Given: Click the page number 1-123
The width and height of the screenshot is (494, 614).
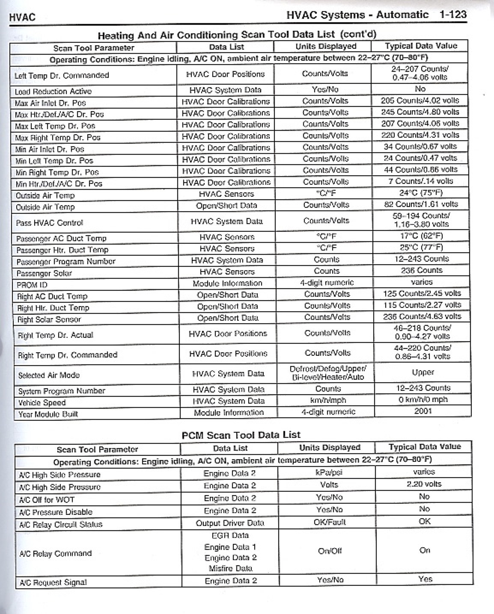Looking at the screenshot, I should pos(452,14).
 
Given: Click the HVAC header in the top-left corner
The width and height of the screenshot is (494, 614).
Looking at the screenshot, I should pos(22,17).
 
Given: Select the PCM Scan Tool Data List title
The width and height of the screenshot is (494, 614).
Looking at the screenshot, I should pos(241,435).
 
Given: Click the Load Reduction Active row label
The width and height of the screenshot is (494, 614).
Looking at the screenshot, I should pos(53,92).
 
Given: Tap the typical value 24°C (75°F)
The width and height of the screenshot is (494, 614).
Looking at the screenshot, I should pos(421,192).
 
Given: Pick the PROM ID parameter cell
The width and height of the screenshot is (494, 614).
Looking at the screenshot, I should pos(32,285).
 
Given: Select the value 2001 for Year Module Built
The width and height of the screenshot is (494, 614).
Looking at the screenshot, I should pos(423,411).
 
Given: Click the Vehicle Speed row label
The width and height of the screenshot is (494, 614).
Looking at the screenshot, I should pos(42,403).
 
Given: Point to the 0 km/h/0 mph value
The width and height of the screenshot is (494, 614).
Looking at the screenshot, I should pos(423,399).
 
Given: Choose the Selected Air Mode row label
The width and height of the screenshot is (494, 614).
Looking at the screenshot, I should pos(49,375).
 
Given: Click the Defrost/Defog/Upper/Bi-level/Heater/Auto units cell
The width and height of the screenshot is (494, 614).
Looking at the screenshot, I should pos(328,373).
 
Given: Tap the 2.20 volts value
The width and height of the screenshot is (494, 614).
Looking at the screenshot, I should pos(424,484).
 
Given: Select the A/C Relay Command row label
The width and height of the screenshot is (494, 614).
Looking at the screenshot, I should pos(56,553).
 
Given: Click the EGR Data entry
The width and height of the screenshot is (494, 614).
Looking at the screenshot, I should pos(230,535).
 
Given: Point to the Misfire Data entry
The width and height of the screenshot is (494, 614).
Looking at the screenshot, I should pos(230,568).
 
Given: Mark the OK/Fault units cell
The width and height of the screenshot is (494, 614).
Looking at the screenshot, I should pos(330,522).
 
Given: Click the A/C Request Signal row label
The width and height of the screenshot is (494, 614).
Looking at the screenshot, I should pos(53,582).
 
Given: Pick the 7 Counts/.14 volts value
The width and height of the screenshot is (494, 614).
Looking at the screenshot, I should pos(420,181).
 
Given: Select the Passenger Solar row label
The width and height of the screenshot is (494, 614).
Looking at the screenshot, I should pos(44,273).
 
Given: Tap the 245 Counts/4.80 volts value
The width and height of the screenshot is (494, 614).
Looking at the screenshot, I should pos(420,112).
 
